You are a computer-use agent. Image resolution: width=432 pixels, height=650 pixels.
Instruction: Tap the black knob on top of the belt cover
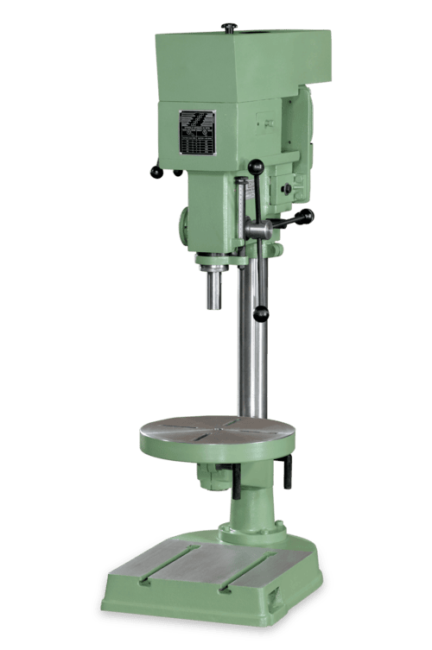tap(229, 27)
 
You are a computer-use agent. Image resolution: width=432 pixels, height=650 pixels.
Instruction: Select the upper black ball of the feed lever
tap(255, 166)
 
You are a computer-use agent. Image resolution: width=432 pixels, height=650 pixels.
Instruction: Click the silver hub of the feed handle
tap(257, 230)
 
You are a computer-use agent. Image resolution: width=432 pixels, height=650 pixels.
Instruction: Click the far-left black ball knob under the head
tap(156, 172)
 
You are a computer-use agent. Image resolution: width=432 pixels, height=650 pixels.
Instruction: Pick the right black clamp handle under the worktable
tap(287, 471)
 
